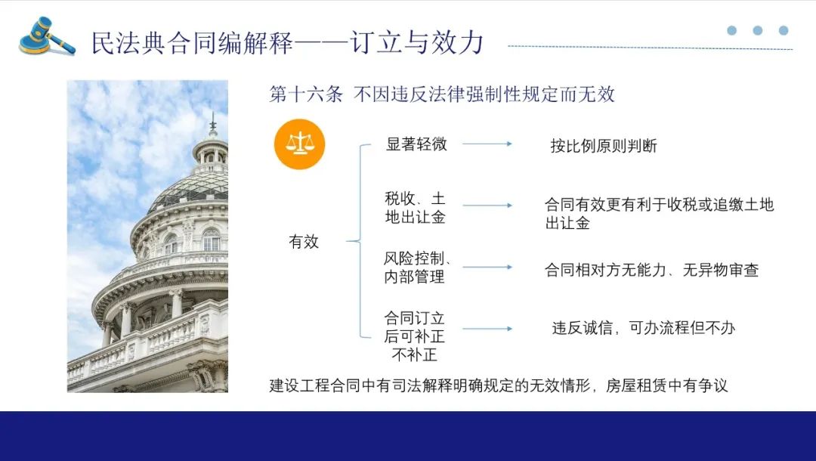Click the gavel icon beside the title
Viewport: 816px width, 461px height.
click(x=47, y=36)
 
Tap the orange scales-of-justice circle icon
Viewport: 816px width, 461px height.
click(x=299, y=144)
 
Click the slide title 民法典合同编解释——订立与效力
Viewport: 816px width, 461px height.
click(x=287, y=42)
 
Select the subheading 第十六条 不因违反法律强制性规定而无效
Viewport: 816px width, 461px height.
click(x=442, y=94)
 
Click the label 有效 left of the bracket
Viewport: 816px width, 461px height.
click(x=304, y=241)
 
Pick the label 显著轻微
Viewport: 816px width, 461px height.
click(x=416, y=144)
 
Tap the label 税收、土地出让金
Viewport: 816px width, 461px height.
click(x=415, y=208)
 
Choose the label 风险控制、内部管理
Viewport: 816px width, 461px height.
click(x=417, y=268)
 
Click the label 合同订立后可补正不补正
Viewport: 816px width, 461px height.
click(x=414, y=336)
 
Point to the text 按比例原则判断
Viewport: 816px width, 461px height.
click(x=604, y=146)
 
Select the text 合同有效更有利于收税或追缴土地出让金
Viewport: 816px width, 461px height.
click(x=660, y=213)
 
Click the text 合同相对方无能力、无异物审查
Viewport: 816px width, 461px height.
click(x=651, y=270)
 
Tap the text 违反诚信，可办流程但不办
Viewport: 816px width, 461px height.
click(x=643, y=328)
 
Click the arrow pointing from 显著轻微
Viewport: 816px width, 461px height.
click(x=487, y=144)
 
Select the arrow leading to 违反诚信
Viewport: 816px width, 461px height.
click(x=487, y=328)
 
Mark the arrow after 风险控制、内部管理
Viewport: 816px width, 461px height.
click(x=487, y=267)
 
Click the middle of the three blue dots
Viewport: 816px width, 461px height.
click(x=758, y=30)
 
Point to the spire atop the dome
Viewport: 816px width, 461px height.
click(x=212, y=124)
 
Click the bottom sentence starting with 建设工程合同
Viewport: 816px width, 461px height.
click(x=499, y=385)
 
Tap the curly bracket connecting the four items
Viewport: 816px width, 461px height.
click(x=360, y=241)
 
